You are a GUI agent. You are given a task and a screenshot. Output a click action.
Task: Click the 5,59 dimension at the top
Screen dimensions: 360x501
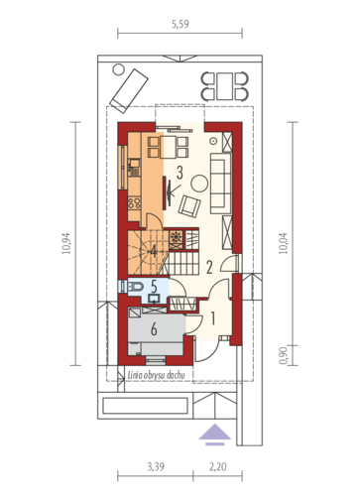point(180,24)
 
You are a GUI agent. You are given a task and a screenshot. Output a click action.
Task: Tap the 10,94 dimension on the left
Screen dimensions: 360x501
point(67,243)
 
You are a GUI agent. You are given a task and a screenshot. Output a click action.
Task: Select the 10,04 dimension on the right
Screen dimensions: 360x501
point(284,243)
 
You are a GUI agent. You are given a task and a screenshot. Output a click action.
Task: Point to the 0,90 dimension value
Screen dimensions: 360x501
point(284,355)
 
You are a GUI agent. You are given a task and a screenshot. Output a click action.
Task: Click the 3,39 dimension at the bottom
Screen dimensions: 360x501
point(156,466)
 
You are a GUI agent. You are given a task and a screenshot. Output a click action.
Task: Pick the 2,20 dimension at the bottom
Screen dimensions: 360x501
point(218,466)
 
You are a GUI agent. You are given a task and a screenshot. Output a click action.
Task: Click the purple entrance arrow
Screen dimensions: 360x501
point(214,435)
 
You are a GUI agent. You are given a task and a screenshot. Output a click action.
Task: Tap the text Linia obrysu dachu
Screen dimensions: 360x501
point(156,375)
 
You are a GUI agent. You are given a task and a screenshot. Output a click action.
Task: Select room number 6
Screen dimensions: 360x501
point(154,329)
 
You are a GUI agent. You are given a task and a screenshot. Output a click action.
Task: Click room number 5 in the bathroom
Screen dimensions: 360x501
point(154,287)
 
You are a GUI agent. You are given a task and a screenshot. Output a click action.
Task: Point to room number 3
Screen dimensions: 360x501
point(180,173)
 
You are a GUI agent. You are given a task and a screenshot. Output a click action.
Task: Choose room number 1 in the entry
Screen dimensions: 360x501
point(213,318)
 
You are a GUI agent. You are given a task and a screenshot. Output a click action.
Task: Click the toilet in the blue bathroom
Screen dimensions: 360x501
point(134,286)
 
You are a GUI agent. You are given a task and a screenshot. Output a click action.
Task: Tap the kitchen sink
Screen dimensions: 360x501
point(134,167)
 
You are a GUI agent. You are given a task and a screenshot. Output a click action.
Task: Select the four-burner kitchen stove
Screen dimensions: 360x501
point(134,202)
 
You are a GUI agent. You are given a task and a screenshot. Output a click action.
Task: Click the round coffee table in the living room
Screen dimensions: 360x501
point(199,183)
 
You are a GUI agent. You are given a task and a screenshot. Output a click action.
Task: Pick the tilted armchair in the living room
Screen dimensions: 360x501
point(189,206)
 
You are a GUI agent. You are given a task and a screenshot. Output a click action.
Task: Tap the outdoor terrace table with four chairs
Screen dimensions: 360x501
point(224,86)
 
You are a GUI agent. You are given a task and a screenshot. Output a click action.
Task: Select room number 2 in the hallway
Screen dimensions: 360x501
point(209,267)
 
